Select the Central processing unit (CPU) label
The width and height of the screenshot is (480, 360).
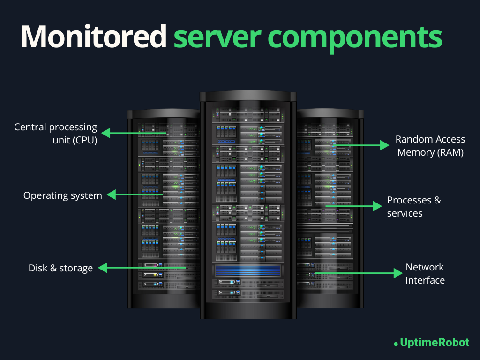(56, 133)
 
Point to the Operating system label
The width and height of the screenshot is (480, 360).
(63, 195)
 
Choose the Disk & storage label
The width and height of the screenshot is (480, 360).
(60, 268)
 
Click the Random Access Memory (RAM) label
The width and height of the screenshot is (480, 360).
(430, 146)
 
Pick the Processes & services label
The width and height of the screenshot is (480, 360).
(414, 207)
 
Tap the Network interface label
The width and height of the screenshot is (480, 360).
(425, 274)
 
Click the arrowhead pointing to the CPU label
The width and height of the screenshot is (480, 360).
(106, 133)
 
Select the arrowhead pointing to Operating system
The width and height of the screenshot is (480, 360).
(111, 195)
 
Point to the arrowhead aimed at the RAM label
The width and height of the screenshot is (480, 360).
(385, 146)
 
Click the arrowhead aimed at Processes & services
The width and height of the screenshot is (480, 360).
(377, 206)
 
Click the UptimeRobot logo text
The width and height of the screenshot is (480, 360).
(434, 343)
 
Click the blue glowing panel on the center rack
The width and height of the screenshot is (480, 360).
(248, 270)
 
